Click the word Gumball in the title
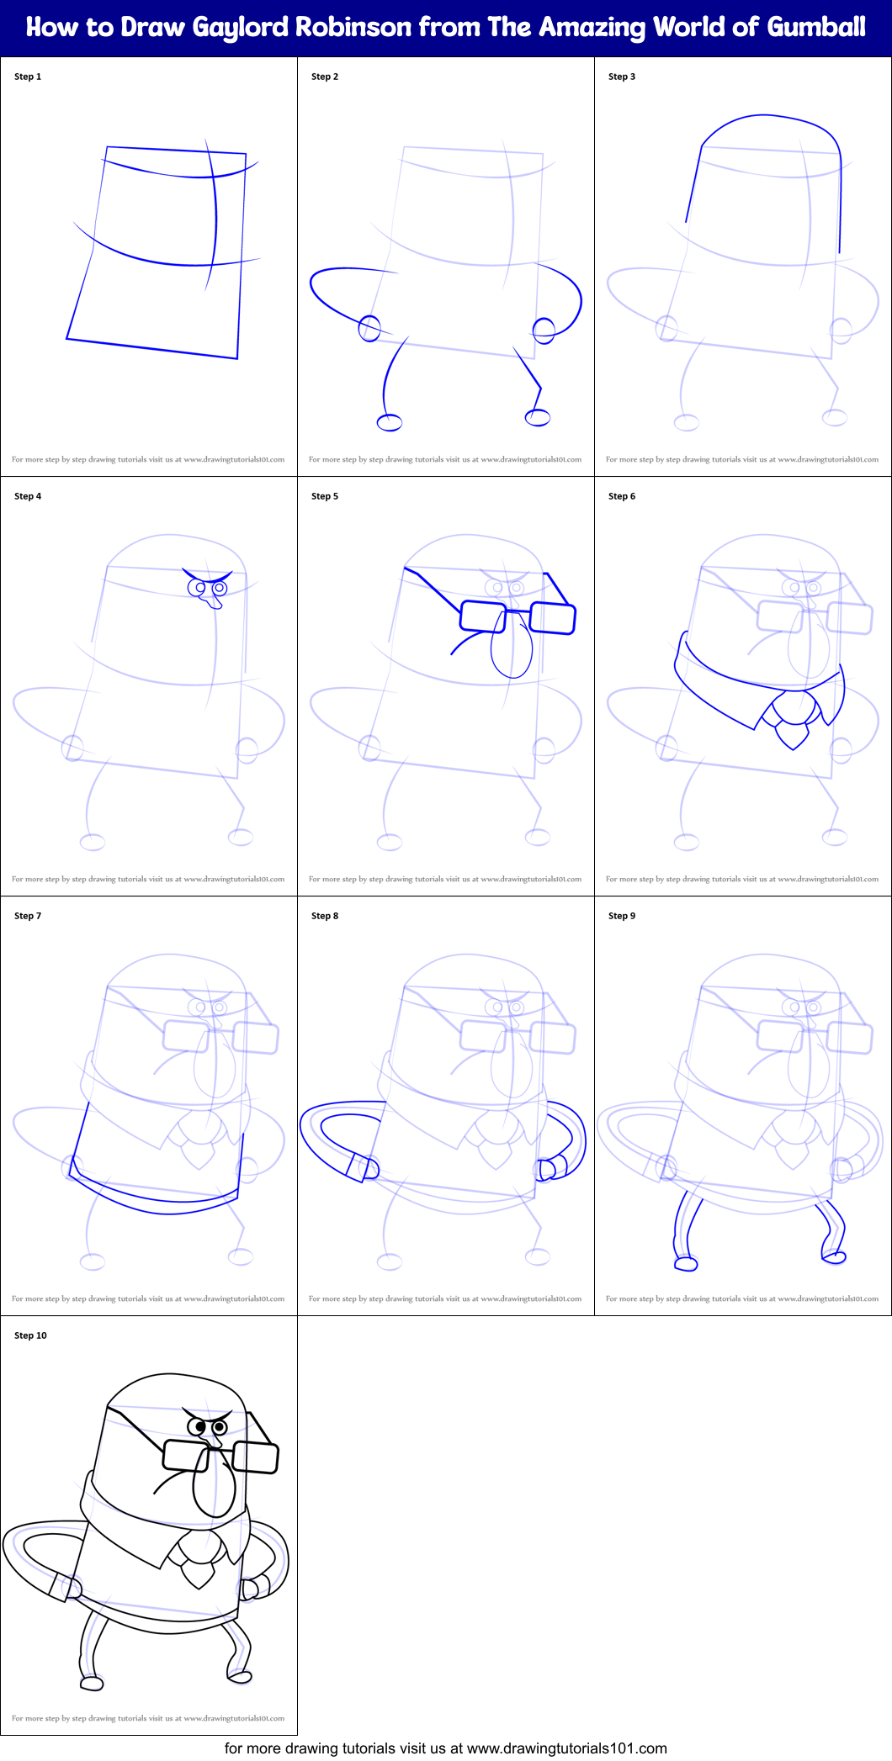coord(816,28)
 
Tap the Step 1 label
coord(28,77)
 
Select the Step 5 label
coord(325,496)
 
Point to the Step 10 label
coord(30,1335)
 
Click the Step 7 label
coord(28,916)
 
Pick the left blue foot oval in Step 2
coord(389,422)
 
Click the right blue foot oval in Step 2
coord(538,417)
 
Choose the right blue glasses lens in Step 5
coord(553,618)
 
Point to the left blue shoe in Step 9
coord(687,1263)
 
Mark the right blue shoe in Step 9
coord(834,1257)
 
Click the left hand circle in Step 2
coord(369,328)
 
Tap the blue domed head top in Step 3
coord(770,126)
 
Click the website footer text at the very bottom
coord(446,1748)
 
